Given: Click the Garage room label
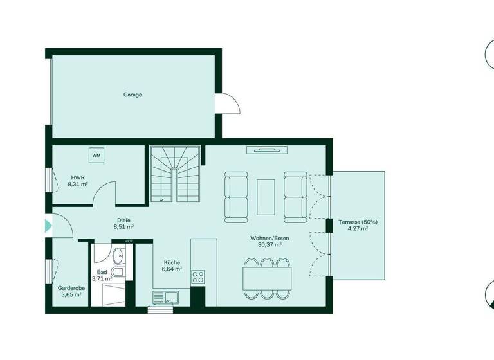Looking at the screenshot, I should click(133, 94).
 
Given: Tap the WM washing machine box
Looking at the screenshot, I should click(96, 155).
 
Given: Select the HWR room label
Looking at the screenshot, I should click(77, 176).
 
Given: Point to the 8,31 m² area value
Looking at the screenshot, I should click(77, 184).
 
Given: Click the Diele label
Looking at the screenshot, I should click(123, 220).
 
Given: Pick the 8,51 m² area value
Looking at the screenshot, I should click(123, 227).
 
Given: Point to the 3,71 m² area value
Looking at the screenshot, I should click(102, 279).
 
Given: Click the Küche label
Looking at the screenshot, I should click(171, 262).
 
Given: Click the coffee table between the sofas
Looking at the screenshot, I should click(266, 196).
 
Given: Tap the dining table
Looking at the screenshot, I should click(267, 278).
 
